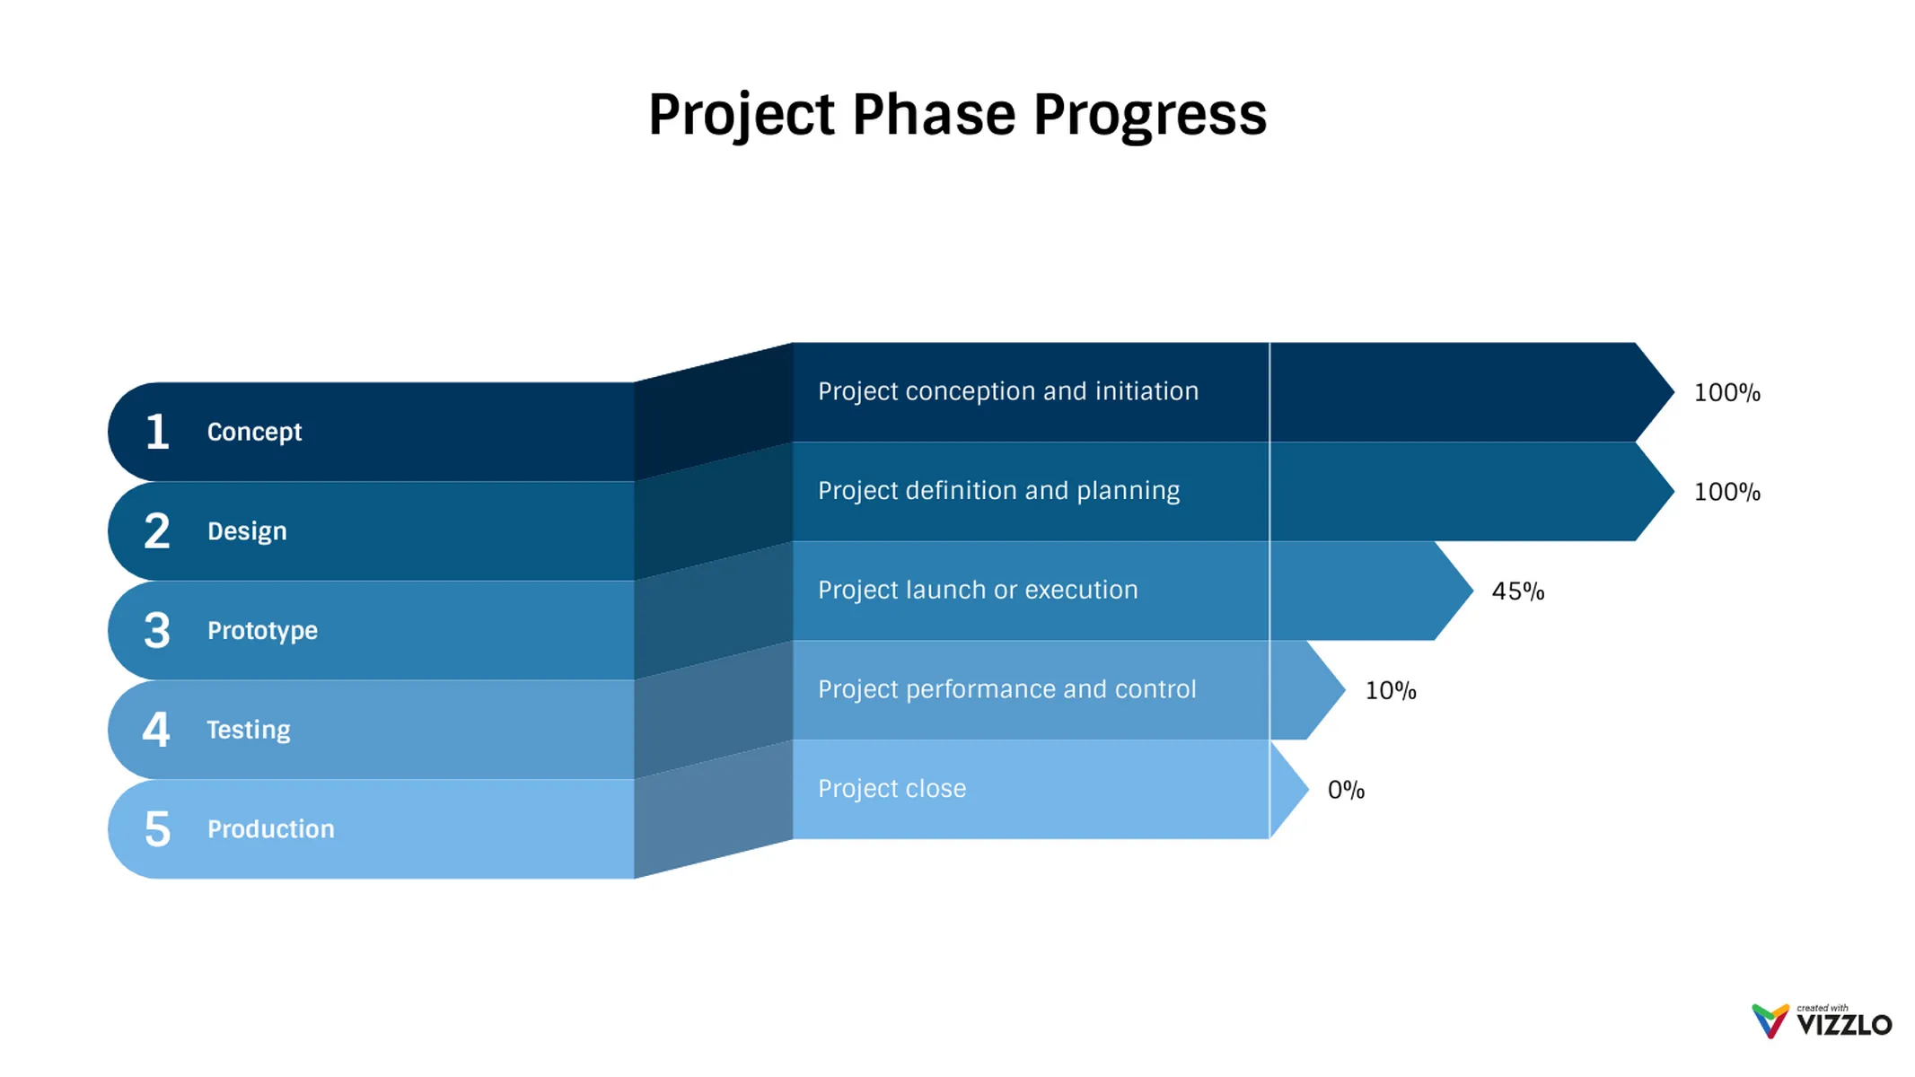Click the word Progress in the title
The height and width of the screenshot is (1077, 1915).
(1149, 115)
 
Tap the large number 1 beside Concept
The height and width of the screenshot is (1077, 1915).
(157, 432)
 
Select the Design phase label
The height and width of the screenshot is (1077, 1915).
(247, 531)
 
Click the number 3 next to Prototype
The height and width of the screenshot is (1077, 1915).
(157, 630)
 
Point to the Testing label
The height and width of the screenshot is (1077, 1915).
(249, 730)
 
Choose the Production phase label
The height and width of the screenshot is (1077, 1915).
(270, 828)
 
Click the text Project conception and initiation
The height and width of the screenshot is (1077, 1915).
(1007, 391)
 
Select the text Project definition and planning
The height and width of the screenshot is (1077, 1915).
(998, 491)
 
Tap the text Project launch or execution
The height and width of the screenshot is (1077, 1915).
(978, 590)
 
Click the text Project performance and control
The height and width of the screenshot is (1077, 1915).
(1006, 689)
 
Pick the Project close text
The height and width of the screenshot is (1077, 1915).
(892, 789)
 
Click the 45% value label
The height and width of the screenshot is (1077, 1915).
(1517, 591)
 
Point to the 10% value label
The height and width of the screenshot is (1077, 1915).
(1390, 691)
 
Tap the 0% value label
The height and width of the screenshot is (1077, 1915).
(1346, 790)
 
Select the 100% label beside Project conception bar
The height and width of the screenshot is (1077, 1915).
(1726, 393)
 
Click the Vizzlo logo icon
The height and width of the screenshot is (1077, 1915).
(1770, 1021)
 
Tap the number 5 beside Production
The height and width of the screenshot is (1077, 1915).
(157, 828)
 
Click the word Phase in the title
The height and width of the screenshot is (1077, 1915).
(934, 115)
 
